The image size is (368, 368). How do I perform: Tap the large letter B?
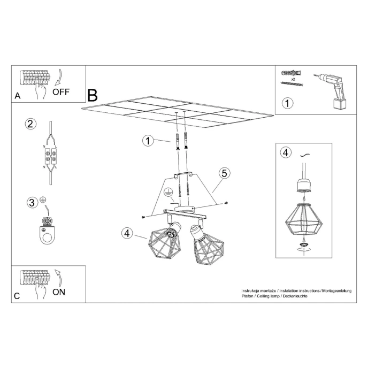(x=93, y=96)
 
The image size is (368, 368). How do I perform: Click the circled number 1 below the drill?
(x=288, y=103)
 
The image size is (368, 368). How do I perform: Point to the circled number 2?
(x=30, y=124)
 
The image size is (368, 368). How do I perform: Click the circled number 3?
(x=32, y=202)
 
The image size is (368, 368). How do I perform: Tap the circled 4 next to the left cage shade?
(x=127, y=233)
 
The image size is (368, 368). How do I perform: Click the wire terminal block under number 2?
(x=51, y=158)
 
